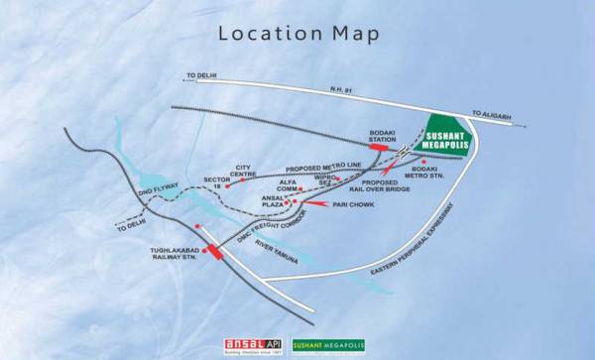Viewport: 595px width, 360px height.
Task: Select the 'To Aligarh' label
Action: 492,114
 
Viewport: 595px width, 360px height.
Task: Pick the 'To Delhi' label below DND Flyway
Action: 129,226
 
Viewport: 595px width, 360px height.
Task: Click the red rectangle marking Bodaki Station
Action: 379,147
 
